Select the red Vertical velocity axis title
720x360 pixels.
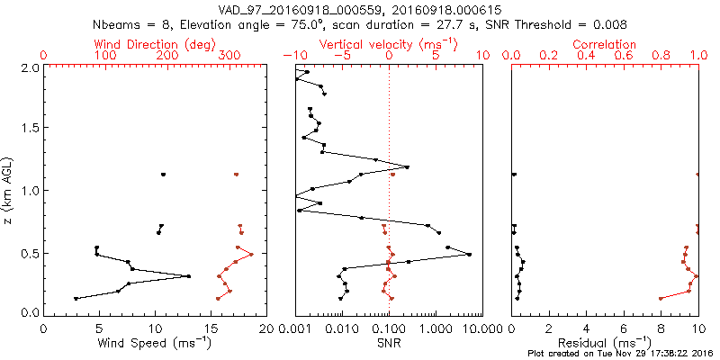(x=388, y=43)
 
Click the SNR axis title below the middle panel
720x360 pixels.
(x=388, y=344)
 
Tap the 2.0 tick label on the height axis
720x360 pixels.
(x=31, y=67)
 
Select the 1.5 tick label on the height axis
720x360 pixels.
(x=31, y=129)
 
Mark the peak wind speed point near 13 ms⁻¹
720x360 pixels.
(x=188, y=276)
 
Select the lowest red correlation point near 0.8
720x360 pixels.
(x=661, y=298)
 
